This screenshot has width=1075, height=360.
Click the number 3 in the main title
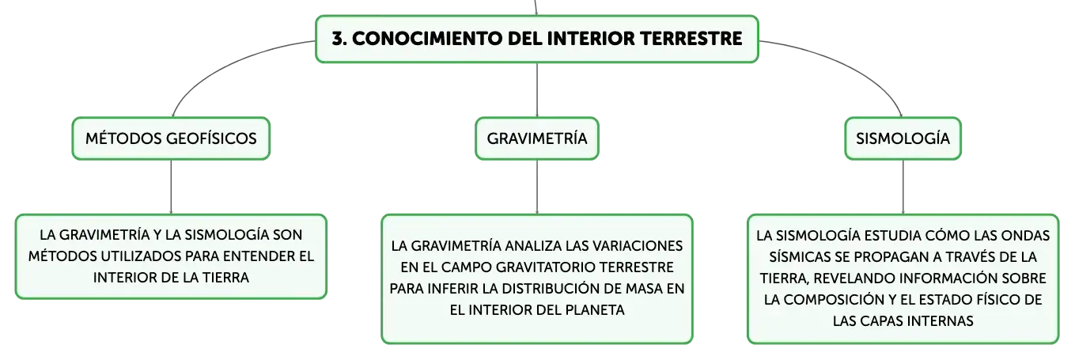point(338,39)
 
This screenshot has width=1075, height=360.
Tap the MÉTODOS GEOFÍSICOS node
point(171,138)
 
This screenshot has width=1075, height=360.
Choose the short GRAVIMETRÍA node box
point(537,138)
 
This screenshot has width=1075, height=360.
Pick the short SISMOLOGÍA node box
point(903,138)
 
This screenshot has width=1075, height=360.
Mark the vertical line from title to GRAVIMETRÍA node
point(537,89)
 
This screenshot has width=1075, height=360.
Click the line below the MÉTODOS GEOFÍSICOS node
point(171,187)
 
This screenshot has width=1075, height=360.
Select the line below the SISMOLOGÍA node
point(903,187)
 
